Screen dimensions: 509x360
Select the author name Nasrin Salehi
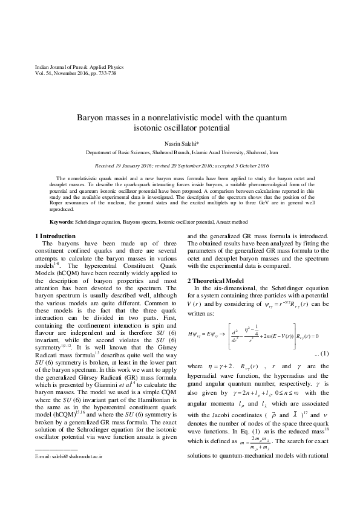coord(180,144)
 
